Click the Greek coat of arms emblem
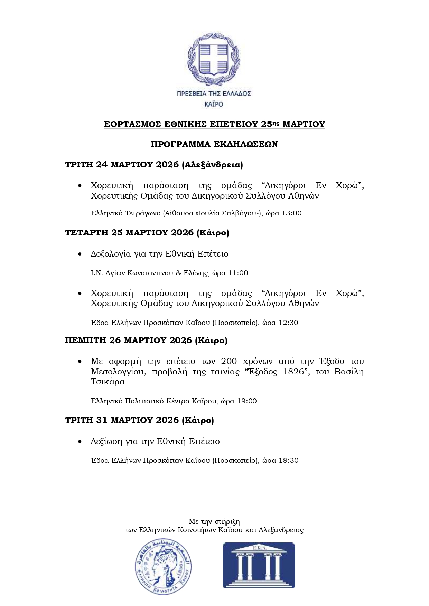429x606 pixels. coord(214,59)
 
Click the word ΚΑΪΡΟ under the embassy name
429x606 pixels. coord(214,104)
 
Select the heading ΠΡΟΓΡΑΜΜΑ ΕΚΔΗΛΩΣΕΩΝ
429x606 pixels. coord(214,144)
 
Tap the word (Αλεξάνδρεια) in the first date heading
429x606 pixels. coord(213,165)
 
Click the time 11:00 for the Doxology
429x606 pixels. coord(238,273)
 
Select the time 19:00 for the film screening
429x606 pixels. coord(247,401)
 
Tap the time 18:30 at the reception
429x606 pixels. coord(289,460)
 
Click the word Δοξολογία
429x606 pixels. coord(111,254)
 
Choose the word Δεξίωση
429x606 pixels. coord(106,441)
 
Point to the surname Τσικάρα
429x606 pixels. coord(108,382)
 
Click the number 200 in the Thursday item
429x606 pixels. coord(229,361)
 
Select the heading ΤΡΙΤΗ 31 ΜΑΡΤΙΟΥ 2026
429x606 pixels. coord(122,420)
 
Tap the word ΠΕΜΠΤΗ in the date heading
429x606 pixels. coord(85,340)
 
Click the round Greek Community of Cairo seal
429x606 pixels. coord(163,567)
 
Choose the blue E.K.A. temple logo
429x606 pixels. coord(259,565)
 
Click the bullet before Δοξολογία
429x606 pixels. coord(80,254)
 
